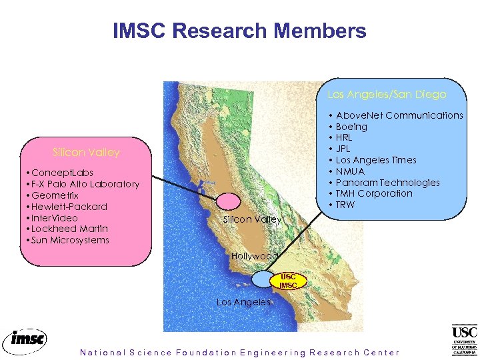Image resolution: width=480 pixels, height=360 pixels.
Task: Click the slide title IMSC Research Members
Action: click(239, 31)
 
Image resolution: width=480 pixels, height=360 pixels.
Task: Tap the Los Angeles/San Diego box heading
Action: click(387, 95)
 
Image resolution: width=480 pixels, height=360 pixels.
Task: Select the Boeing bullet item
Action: click(351, 127)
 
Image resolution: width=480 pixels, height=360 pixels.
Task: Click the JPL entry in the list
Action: click(343, 149)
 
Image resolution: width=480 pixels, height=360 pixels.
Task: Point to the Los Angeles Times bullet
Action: click(376, 160)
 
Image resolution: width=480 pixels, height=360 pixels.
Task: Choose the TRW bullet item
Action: click(345, 205)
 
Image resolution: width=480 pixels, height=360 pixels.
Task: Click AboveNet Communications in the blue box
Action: click(399, 115)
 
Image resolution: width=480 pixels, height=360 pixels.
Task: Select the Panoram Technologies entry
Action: click(387, 183)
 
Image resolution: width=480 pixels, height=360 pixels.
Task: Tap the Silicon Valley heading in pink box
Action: click(86, 153)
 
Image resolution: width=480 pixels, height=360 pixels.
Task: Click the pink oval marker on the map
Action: click(229, 200)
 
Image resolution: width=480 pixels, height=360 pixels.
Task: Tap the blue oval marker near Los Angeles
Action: click(263, 279)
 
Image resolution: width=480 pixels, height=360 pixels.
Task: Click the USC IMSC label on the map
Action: click(288, 281)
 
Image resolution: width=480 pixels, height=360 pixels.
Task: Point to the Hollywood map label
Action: click(254, 256)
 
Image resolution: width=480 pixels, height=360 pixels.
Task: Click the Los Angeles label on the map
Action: click(243, 302)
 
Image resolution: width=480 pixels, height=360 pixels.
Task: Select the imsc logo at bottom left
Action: click(25, 340)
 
